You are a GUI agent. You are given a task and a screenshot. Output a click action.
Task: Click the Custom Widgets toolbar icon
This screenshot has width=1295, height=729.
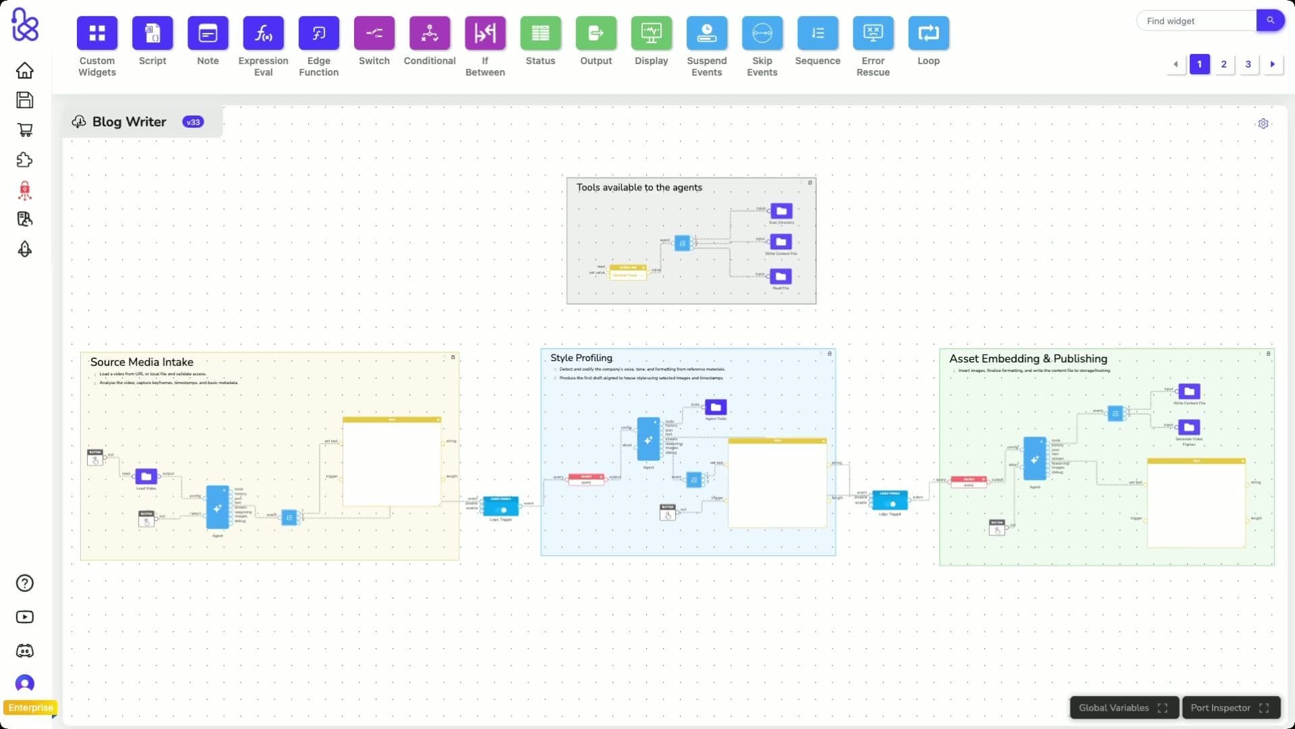coord(97,33)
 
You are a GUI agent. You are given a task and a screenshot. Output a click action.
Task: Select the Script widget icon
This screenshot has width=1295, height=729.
coord(152,33)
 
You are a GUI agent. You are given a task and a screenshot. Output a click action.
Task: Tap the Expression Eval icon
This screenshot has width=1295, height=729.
coord(263,33)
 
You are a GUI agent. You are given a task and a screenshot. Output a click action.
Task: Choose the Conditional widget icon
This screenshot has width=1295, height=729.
coord(430,33)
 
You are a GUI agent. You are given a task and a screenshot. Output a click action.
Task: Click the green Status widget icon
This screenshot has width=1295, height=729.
coord(540,33)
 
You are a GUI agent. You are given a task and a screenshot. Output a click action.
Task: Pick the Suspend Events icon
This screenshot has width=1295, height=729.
coord(706,33)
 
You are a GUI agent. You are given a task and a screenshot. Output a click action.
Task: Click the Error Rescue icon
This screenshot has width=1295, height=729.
coord(873,33)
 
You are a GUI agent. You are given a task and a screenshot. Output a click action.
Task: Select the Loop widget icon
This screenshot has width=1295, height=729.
coord(928,33)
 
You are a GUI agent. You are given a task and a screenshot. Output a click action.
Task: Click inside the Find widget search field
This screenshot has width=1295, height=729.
coord(1195,21)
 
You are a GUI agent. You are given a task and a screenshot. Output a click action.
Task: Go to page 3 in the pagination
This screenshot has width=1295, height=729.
coord(1248,64)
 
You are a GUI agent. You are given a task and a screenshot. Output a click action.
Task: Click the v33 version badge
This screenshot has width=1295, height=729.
coord(193,122)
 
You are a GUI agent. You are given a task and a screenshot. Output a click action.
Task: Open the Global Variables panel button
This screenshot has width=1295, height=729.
coord(1123,707)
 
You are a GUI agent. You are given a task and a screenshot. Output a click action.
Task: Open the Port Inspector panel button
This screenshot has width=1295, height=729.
coord(1230,707)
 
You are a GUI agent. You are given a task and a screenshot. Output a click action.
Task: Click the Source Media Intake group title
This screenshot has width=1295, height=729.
coord(142,362)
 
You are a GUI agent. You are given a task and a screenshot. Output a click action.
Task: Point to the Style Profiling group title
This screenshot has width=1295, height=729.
coord(581,358)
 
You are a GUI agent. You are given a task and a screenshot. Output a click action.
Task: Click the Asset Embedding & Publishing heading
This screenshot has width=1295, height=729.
coord(1028,359)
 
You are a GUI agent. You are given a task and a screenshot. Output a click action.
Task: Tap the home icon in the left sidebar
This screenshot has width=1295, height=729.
coord(25,70)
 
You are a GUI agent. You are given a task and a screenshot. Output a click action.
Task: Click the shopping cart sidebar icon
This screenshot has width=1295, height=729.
coord(25,130)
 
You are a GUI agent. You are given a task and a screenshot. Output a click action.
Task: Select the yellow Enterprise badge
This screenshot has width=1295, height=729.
coord(30,707)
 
